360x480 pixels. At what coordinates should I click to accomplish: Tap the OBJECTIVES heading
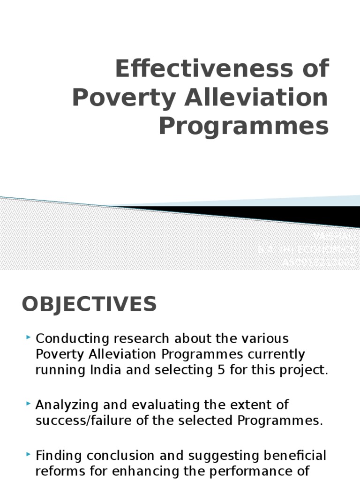(89, 304)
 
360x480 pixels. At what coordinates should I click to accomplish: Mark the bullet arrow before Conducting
(29, 337)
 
